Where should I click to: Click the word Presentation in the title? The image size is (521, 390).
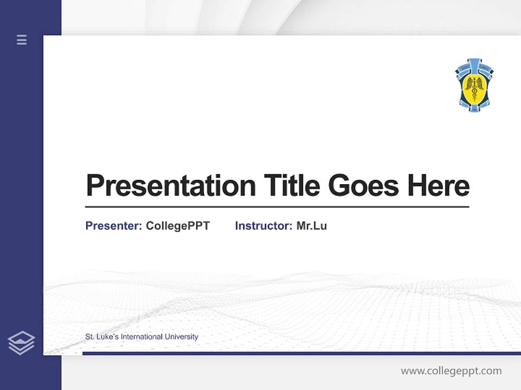click(170, 186)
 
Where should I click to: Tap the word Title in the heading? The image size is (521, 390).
click(291, 186)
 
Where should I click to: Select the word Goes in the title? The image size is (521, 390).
click(364, 186)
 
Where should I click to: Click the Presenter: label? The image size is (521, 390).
click(113, 226)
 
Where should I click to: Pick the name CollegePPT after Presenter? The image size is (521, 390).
click(177, 226)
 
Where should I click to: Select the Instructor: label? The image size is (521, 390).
click(263, 226)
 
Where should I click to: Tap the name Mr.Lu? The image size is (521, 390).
click(312, 226)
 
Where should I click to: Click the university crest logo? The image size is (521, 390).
click(474, 84)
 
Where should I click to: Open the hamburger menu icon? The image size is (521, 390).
click(22, 40)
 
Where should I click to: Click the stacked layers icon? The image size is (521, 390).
click(21, 343)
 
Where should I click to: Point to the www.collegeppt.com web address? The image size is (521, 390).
click(451, 371)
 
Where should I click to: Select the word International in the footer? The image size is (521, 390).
click(142, 337)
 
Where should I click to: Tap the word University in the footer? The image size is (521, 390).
click(181, 337)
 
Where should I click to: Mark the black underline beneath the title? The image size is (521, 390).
click(277, 207)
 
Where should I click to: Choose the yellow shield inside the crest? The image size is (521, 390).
click(474, 87)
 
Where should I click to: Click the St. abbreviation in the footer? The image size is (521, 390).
click(90, 337)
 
